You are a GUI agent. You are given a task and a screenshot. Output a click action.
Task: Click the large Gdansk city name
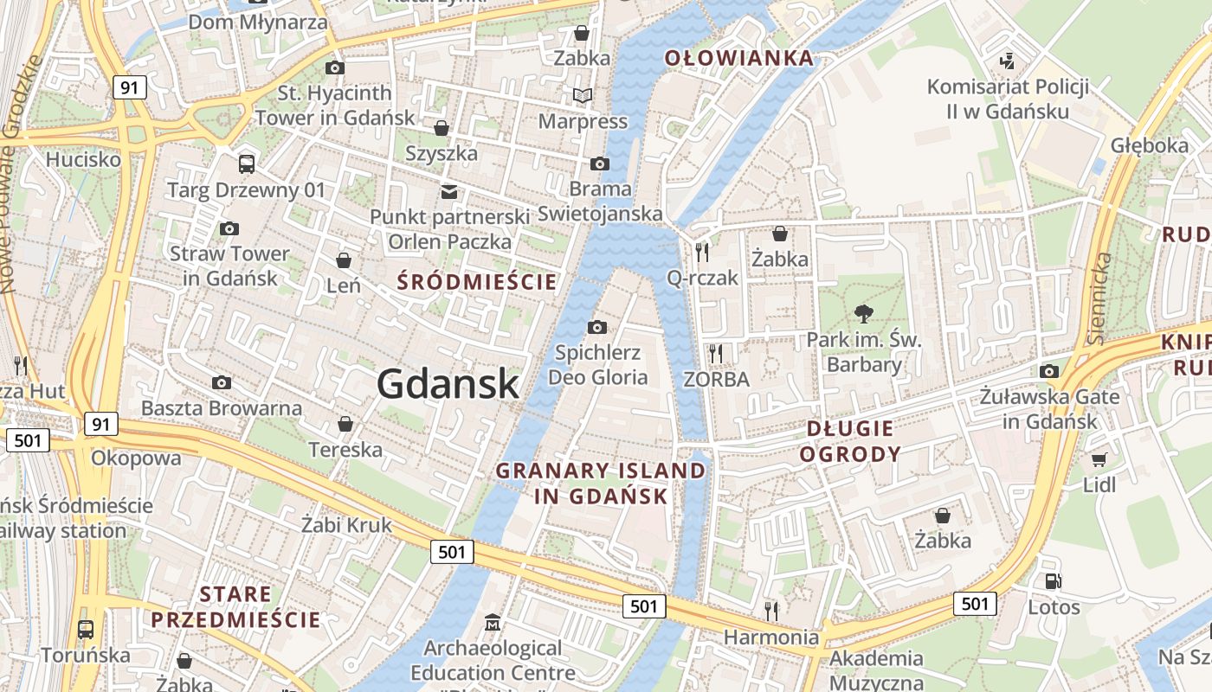tap(448, 384)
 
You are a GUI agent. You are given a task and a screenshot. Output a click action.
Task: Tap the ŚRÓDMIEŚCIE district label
tap(476, 281)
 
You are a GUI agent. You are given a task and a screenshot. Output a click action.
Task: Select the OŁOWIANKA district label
tap(738, 58)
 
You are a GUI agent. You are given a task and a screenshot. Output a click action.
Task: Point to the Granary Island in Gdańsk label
tap(601, 483)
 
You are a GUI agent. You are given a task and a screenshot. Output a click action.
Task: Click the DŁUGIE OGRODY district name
tap(849, 441)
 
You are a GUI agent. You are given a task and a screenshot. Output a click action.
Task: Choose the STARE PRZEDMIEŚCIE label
tap(235, 607)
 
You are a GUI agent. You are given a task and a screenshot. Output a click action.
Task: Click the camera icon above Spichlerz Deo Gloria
tap(596, 327)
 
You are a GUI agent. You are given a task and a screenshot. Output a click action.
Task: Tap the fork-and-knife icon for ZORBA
tap(715, 353)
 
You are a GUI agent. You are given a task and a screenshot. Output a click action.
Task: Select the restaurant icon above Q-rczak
tap(702, 252)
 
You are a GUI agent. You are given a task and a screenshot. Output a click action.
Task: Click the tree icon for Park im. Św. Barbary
tap(863, 314)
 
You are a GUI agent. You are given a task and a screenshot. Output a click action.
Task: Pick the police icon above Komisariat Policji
tap(1006, 61)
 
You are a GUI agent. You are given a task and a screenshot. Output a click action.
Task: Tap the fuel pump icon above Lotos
tap(1054, 582)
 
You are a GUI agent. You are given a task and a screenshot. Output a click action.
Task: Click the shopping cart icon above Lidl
tap(1099, 459)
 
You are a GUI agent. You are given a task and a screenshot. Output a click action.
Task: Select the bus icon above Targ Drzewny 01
tap(247, 163)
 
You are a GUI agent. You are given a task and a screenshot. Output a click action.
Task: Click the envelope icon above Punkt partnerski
tap(448, 192)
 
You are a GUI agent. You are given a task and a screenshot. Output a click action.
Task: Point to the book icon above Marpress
tap(583, 95)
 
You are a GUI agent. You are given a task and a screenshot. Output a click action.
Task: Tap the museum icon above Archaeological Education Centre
tap(493, 622)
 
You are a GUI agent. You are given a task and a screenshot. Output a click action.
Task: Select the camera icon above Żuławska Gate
tap(1049, 372)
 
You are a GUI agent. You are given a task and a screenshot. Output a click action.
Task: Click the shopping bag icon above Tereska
tap(345, 424)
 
